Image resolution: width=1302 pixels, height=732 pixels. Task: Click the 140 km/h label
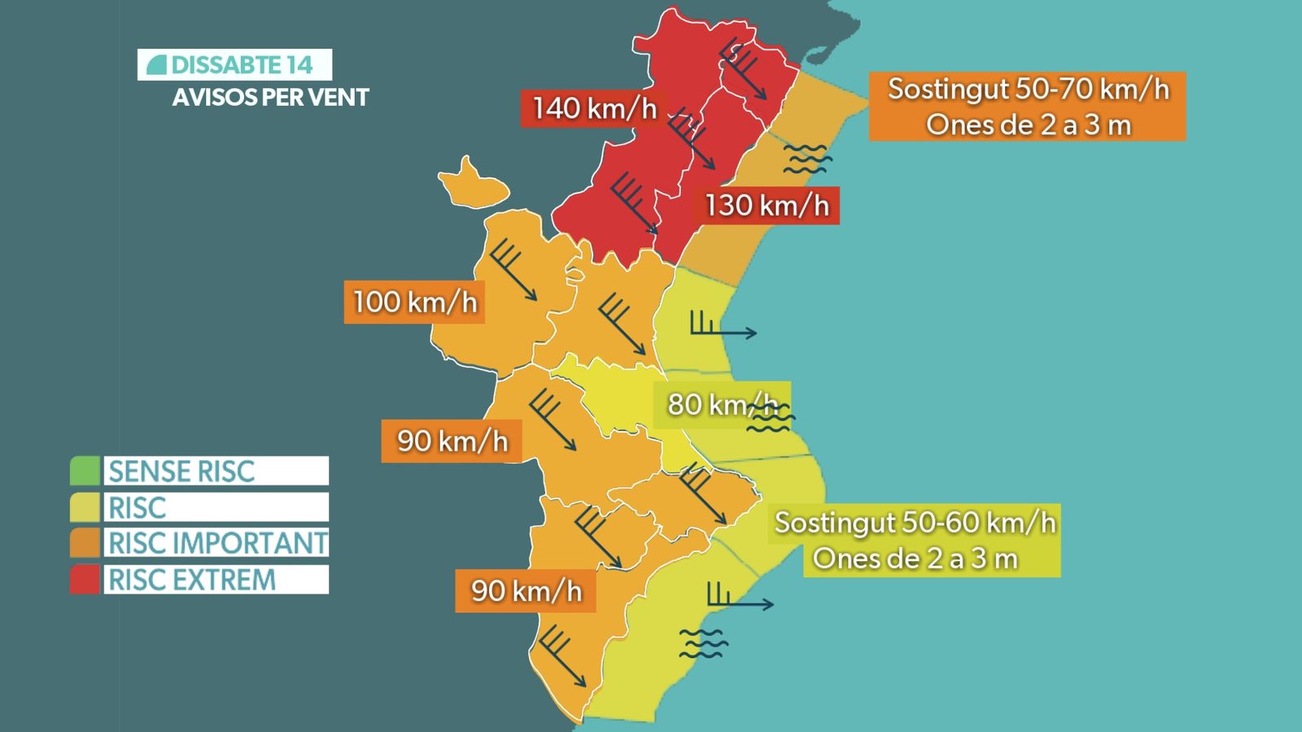(x=593, y=108)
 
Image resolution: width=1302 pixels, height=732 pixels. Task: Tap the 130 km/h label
(x=766, y=205)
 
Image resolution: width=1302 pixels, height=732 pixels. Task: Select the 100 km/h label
(x=414, y=302)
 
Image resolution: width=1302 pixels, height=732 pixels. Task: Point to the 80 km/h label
(x=721, y=404)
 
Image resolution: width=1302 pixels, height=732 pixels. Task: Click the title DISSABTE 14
(x=241, y=65)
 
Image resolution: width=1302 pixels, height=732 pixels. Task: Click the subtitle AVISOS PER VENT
(x=270, y=98)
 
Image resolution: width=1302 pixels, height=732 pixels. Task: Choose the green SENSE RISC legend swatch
(x=85, y=471)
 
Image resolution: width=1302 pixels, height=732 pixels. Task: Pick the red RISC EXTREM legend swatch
(x=85, y=580)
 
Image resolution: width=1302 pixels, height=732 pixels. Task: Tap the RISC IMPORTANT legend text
(x=217, y=543)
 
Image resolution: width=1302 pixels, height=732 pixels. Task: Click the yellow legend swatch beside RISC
(x=85, y=508)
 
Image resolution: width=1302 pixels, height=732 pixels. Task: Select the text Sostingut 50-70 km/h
(x=1028, y=89)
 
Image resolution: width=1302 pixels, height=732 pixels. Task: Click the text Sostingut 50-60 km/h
(x=915, y=522)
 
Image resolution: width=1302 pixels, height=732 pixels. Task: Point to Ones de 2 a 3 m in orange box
(x=1028, y=125)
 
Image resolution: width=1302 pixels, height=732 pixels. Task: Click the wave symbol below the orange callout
(x=806, y=159)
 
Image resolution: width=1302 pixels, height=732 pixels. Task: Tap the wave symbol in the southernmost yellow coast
(x=703, y=643)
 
